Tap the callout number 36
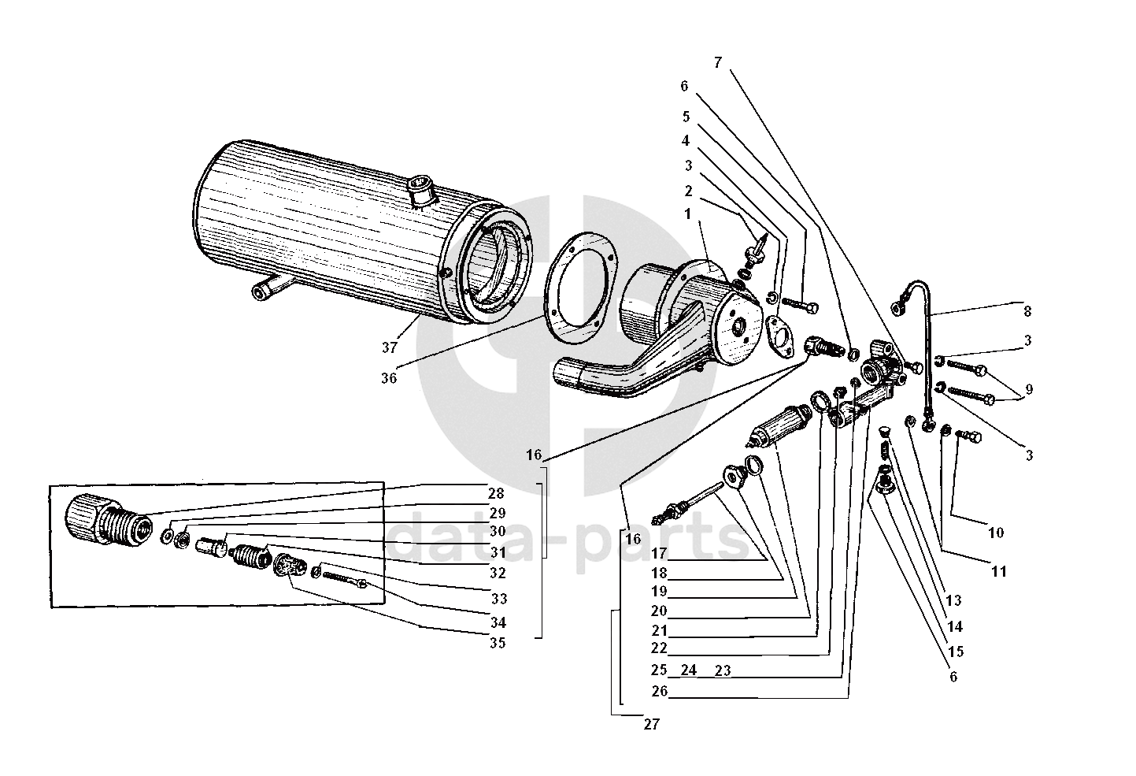click(x=388, y=378)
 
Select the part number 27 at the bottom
click(x=650, y=725)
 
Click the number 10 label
click(x=995, y=533)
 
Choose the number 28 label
click(x=495, y=494)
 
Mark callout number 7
click(x=717, y=63)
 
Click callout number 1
click(x=686, y=213)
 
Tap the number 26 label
click(x=660, y=692)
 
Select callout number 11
click(x=998, y=572)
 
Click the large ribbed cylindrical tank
click(x=331, y=228)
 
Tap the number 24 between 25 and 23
click(x=689, y=671)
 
